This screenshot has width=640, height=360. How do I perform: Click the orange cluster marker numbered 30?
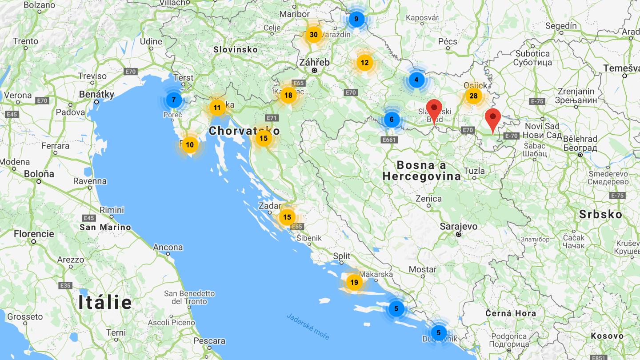coord(314,35)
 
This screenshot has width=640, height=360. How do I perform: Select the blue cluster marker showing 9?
coord(356,19)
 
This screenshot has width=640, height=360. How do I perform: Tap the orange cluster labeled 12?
coord(364,63)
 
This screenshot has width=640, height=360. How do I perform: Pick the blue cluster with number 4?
coord(416,80)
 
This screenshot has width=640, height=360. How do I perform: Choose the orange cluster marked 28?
coord(473,96)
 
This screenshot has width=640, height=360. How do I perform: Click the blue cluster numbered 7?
coord(174,100)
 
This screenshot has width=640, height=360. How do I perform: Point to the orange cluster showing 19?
coord(354,282)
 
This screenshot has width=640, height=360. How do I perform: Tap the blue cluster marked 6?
coord(392,119)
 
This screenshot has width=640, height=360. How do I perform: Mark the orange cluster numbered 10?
coord(190,144)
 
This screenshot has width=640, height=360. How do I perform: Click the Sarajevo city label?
coord(459,226)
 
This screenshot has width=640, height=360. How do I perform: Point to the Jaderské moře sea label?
coord(308,327)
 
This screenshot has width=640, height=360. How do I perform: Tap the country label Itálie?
coord(105,303)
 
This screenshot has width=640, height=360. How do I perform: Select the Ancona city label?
coord(168,247)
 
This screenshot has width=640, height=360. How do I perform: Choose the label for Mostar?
coord(423,269)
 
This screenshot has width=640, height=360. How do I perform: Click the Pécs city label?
coord(448,41)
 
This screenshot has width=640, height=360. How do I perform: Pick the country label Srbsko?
coord(600,214)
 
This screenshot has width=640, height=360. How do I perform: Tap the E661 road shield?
coord(389,140)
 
